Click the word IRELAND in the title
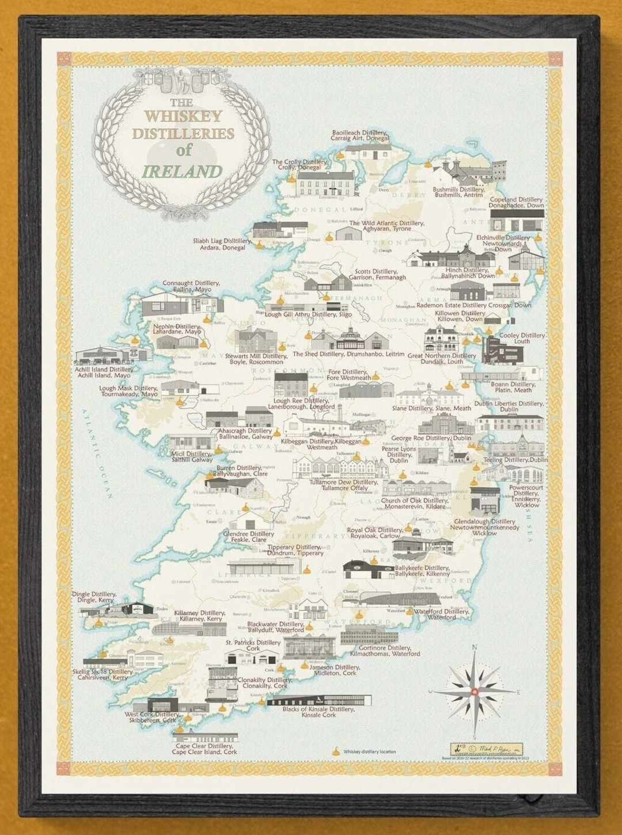(x=182, y=172)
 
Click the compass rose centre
(x=474, y=691)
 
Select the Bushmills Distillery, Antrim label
(x=458, y=192)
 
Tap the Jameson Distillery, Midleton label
(x=335, y=670)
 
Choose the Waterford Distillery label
(x=442, y=614)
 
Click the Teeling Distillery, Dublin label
(x=515, y=460)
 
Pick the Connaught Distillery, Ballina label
(x=191, y=286)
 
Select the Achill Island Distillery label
(x=105, y=373)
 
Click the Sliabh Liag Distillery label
(x=222, y=244)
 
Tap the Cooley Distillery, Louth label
(x=522, y=338)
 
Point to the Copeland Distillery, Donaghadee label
(x=516, y=202)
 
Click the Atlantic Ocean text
(x=96, y=453)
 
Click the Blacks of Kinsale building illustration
(x=320, y=700)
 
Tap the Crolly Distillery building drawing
(x=325, y=184)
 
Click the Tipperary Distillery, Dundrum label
(x=295, y=550)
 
